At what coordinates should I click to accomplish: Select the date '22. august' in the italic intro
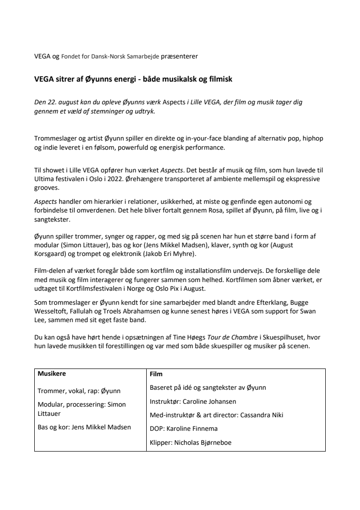pyautogui.click(x=63, y=103)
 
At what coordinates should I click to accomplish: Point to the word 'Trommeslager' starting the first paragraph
pyautogui.click(x=55, y=139)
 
